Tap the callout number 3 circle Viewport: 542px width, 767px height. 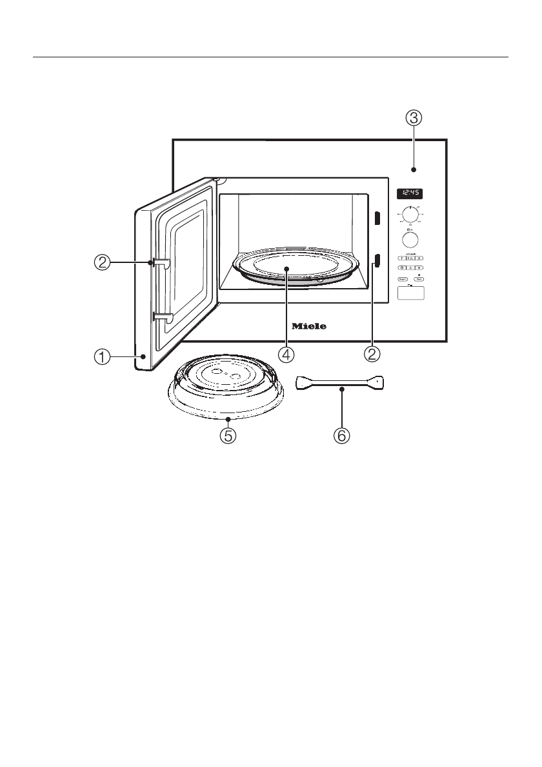click(414, 118)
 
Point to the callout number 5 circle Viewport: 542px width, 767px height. click(227, 436)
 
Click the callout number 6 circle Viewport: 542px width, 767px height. click(341, 436)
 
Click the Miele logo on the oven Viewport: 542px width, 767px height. click(309, 326)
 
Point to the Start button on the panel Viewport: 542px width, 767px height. click(420, 279)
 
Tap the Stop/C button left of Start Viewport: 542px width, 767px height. click(403, 279)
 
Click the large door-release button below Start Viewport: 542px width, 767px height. click(412, 294)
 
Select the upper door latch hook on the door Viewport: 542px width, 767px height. click(161, 262)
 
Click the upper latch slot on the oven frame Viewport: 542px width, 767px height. click(377, 219)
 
